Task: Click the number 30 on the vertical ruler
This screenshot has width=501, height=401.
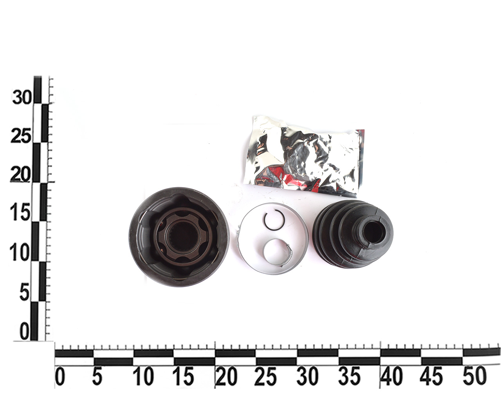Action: (22, 97)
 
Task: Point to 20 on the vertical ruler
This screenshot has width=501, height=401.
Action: (20, 174)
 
